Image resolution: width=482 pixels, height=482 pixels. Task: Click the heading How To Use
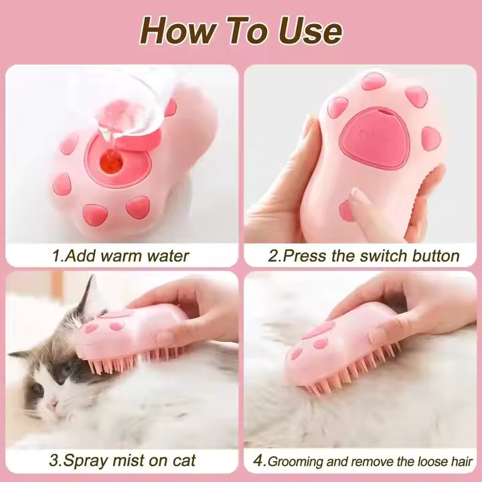[241, 30]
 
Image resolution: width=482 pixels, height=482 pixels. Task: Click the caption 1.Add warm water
[121, 255]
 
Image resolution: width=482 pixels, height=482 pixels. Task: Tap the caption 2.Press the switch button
[364, 255]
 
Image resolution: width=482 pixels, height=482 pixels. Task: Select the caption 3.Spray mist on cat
[123, 460]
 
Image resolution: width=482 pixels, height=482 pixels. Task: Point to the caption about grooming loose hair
[370, 461]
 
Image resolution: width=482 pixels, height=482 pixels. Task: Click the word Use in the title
[309, 30]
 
